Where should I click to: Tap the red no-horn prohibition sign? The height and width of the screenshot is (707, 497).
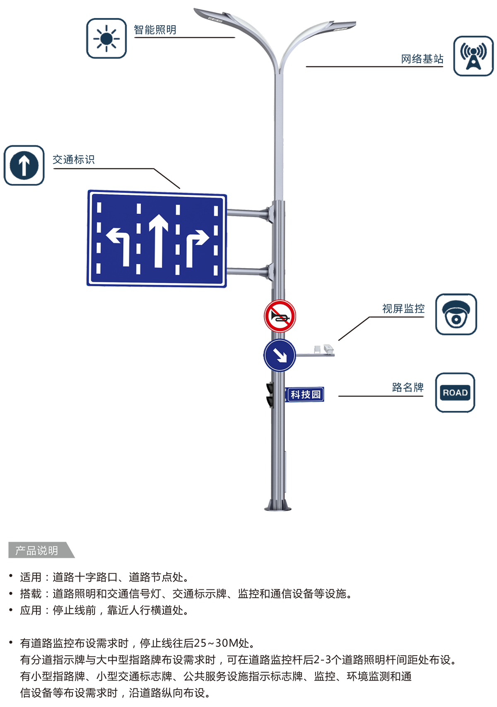click(x=280, y=316)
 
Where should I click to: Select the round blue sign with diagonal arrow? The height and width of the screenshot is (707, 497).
click(x=280, y=355)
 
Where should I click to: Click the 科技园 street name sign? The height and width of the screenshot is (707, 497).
click(x=305, y=395)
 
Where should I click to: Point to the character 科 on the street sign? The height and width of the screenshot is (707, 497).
click(x=295, y=395)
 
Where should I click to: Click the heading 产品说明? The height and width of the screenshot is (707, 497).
click(x=36, y=550)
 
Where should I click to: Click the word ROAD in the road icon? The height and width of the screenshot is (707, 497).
click(x=455, y=393)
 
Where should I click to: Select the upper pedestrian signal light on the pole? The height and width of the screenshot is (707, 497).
click(x=270, y=388)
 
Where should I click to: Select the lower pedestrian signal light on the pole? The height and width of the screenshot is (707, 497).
click(x=270, y=401)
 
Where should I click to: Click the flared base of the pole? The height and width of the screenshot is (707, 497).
click(x=279, y=505)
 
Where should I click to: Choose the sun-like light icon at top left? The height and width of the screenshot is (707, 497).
click(x=108, y=39)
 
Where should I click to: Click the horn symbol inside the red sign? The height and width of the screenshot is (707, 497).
click(x=279, y=317)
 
